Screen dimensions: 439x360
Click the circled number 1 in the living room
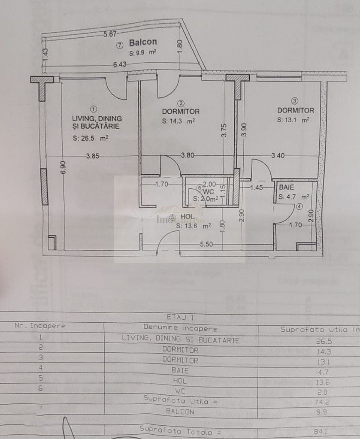[94, 109]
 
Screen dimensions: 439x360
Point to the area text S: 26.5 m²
[90, 138]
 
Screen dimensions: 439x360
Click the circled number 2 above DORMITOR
[181, 103]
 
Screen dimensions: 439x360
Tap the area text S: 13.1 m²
[293, 120]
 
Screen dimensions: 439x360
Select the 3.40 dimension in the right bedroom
[278, 156]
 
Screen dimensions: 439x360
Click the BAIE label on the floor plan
[286, 188]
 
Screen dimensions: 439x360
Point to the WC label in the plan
[209, 191]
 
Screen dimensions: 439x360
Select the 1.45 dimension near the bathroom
[256, 187]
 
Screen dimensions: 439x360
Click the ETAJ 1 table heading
[180, 318]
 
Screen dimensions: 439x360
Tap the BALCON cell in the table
[180, 412]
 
